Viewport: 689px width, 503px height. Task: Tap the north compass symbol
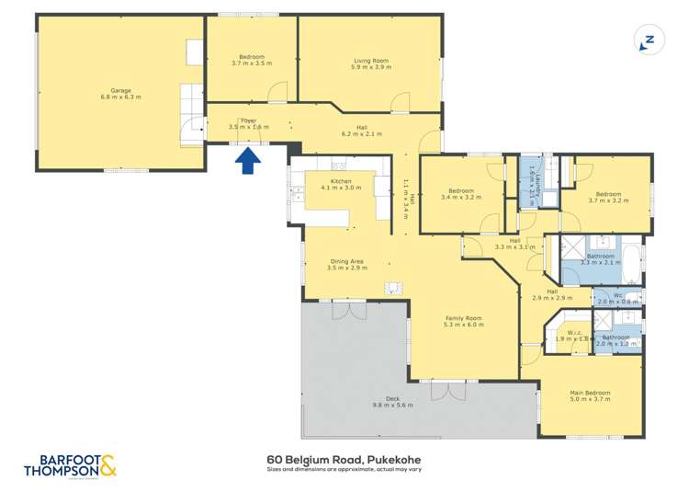647,40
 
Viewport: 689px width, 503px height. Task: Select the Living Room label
371,61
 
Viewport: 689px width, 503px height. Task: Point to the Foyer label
248,120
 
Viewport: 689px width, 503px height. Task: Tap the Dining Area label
347,261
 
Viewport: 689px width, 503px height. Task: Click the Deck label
392,398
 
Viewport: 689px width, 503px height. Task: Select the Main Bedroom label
590,393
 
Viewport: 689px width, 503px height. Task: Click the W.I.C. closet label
576,333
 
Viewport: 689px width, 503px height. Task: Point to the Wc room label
617,296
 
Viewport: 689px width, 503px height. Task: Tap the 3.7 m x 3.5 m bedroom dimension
250,65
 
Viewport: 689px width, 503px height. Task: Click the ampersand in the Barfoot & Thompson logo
107,465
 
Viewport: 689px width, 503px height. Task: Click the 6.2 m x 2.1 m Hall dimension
367,134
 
